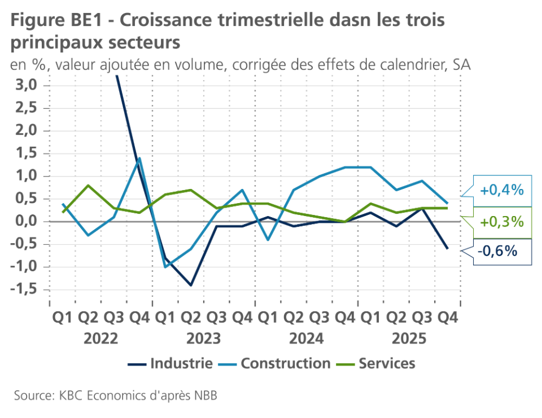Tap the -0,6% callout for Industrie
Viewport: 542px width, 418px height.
(x=497, y=250)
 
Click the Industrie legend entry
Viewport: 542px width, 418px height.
(x=181, y=363)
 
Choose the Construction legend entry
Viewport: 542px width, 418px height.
(x=285, y=363)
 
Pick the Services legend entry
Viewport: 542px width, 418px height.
(x=386, y=363)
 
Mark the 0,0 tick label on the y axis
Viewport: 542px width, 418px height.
(x=25, y=221)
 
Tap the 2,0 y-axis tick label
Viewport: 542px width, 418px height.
(x=25, y=130)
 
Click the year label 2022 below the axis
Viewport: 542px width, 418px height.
(x=100, y=339)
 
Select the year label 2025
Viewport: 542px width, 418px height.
(x=409, y=339)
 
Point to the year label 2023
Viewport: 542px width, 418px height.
(x=203, y=339)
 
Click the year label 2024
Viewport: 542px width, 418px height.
(x=307, y=339)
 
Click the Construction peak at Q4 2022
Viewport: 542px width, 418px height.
(x=139, y=158)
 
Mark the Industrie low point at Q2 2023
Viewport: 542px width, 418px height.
(x=191, y=285)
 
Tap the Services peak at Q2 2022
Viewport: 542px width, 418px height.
(x=88, y=185)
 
